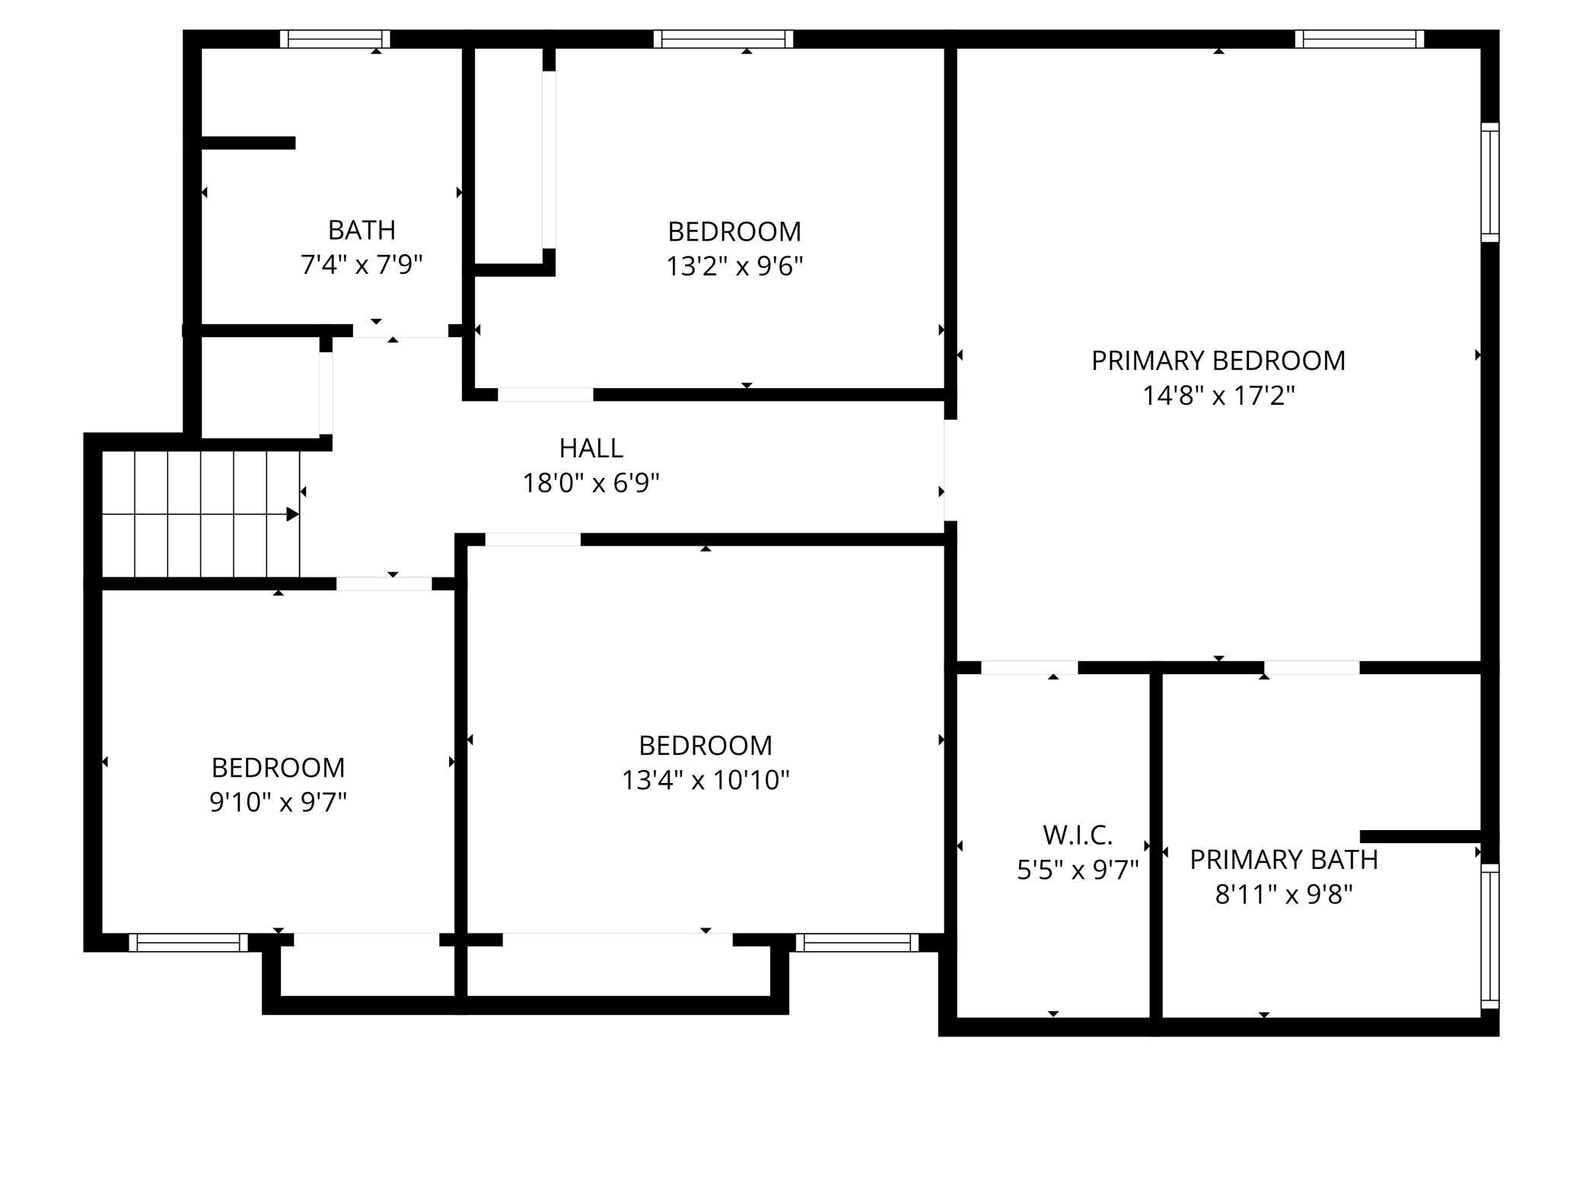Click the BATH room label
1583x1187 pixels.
tap(362, 230)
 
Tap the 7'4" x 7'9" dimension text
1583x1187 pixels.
tap(362, 265)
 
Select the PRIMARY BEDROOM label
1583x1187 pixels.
tap(1218, 361)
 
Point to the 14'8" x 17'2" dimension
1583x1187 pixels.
tap(1218, 396)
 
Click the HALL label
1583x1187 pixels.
tap(591, 448)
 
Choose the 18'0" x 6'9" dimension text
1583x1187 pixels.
tap(591, 483)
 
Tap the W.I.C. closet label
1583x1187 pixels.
tap(1078, 835)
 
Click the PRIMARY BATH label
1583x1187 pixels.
tap(1284, 860)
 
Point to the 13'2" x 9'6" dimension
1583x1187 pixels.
tap(734, 266)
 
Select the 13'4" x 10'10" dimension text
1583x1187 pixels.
tap(706, 781)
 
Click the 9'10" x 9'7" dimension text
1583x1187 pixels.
tap(278, 802)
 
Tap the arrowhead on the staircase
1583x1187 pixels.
tap(292, 514)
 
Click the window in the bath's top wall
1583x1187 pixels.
tap(335, 39)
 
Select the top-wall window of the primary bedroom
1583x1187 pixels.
tap(1359, 39)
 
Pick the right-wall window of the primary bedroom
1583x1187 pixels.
tap(1489, 183)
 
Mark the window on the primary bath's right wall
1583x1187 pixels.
tap(1489, 936)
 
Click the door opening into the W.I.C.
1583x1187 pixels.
tap(1029, 668)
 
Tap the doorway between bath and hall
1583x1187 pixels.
tap(400, 331)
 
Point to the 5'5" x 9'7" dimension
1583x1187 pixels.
tap(1078, 870)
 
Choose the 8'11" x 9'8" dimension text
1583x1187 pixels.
tap(1284, 895)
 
